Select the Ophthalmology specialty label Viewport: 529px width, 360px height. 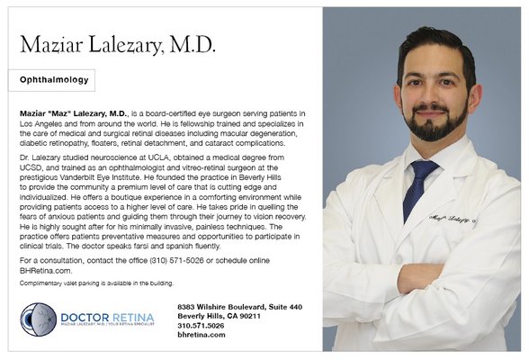click(x=54, y=80)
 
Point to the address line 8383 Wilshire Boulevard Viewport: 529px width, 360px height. click(x=239, y=307)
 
